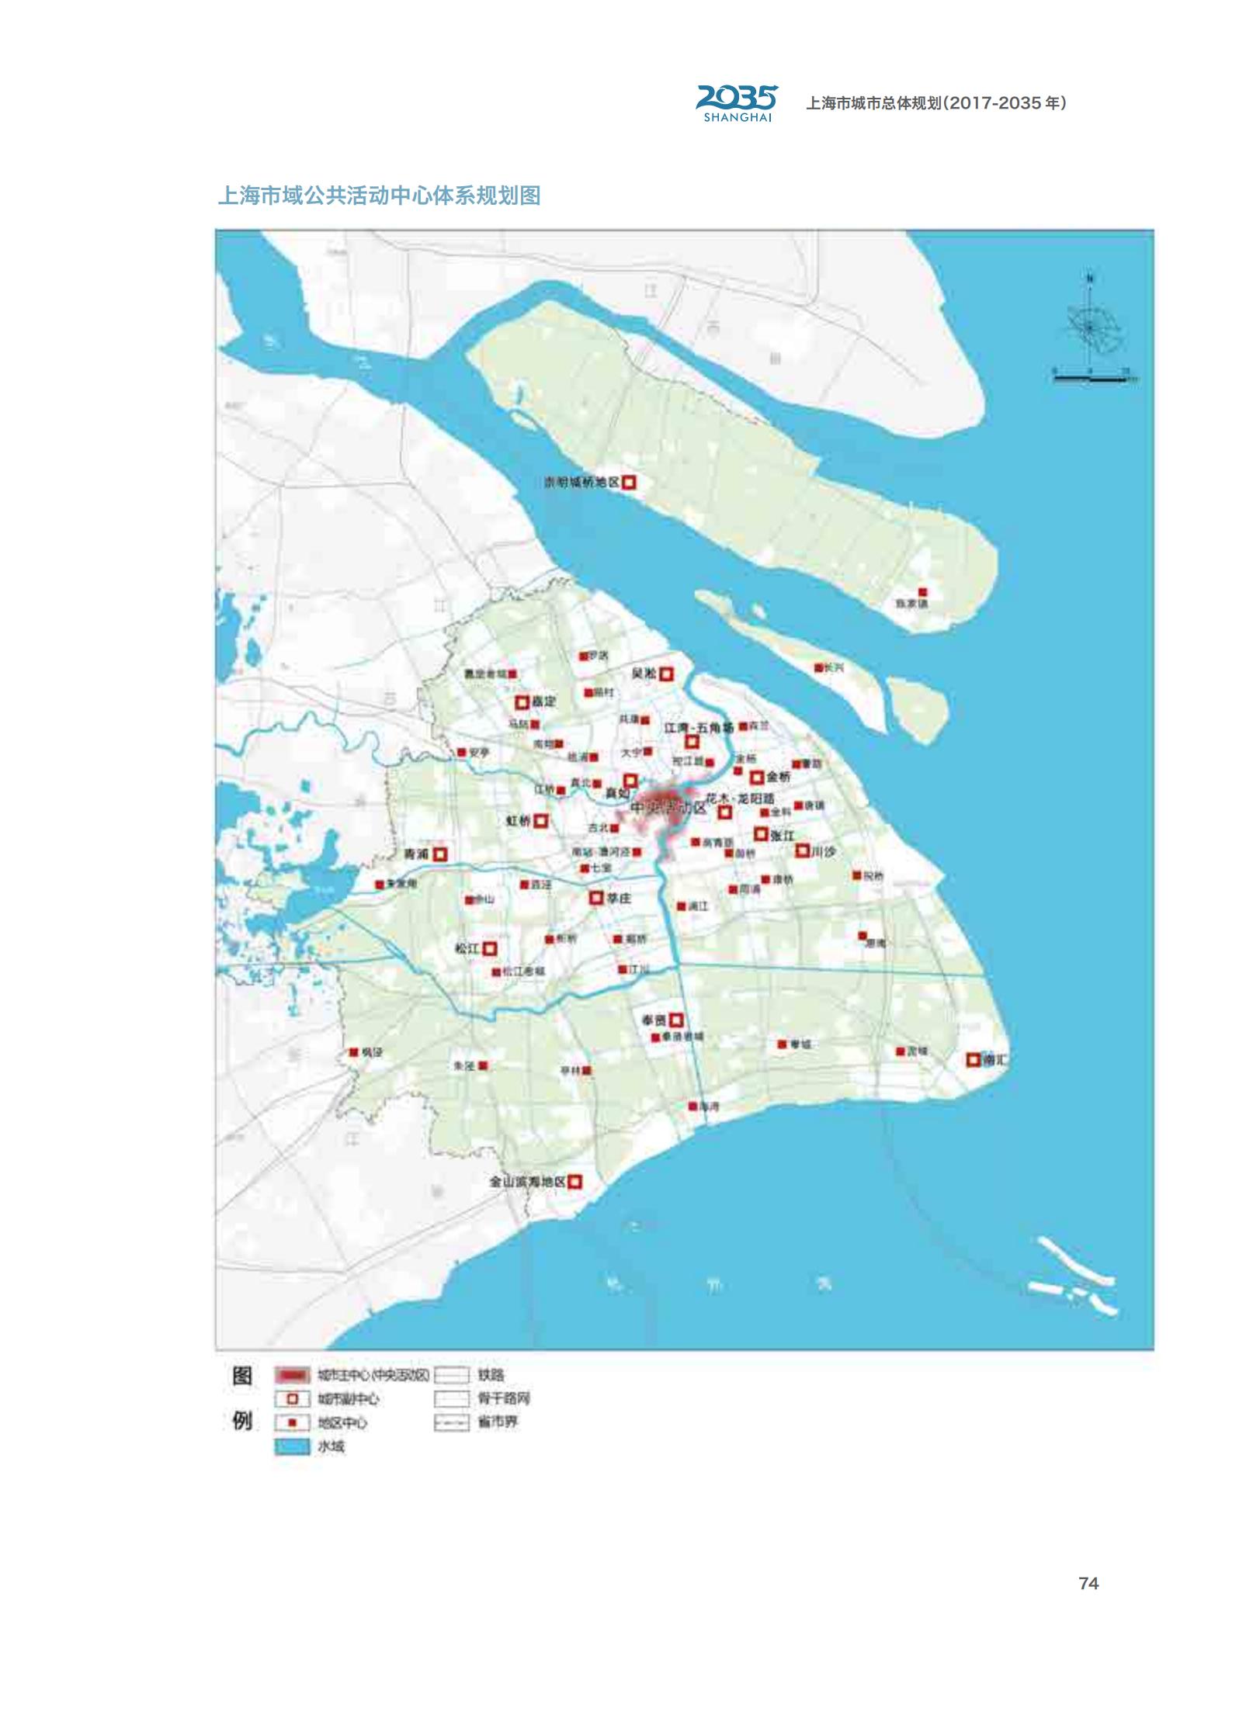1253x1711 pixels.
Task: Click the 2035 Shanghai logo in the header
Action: (x=736, y=103)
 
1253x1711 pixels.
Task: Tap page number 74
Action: (x=1088, y=1583)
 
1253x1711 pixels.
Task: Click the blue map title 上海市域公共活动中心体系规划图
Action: (x=379, y=196)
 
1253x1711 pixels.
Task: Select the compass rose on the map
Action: (x=1090, y=327)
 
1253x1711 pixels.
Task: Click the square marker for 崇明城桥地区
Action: (x=629, y=482)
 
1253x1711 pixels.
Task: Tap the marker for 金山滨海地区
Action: (x=574, y=1182)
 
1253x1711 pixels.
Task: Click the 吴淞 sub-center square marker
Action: (x=666, y=674)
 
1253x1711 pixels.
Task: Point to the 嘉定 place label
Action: (x=543, y=701)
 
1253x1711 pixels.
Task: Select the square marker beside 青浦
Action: (x=439, y=854)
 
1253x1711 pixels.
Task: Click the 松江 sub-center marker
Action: (x=490, y=948)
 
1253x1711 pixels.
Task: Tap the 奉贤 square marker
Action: (x=676, y=1020)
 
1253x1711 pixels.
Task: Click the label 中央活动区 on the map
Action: (x=668, y=807)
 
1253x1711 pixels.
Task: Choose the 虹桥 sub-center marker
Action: (x=540, y=820)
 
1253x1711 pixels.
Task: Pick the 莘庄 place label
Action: (x=619, y=898)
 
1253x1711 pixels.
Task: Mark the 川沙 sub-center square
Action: (x=802, y=850)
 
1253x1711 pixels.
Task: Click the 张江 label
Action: (x=782, y=835)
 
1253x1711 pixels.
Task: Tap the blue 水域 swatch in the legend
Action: (x=292, y=1447)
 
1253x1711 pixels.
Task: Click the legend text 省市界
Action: (x=498, y=1422)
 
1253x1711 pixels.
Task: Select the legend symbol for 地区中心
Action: (x=292, y=1423)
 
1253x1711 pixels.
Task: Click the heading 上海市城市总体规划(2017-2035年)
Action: (x=935, y=103)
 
